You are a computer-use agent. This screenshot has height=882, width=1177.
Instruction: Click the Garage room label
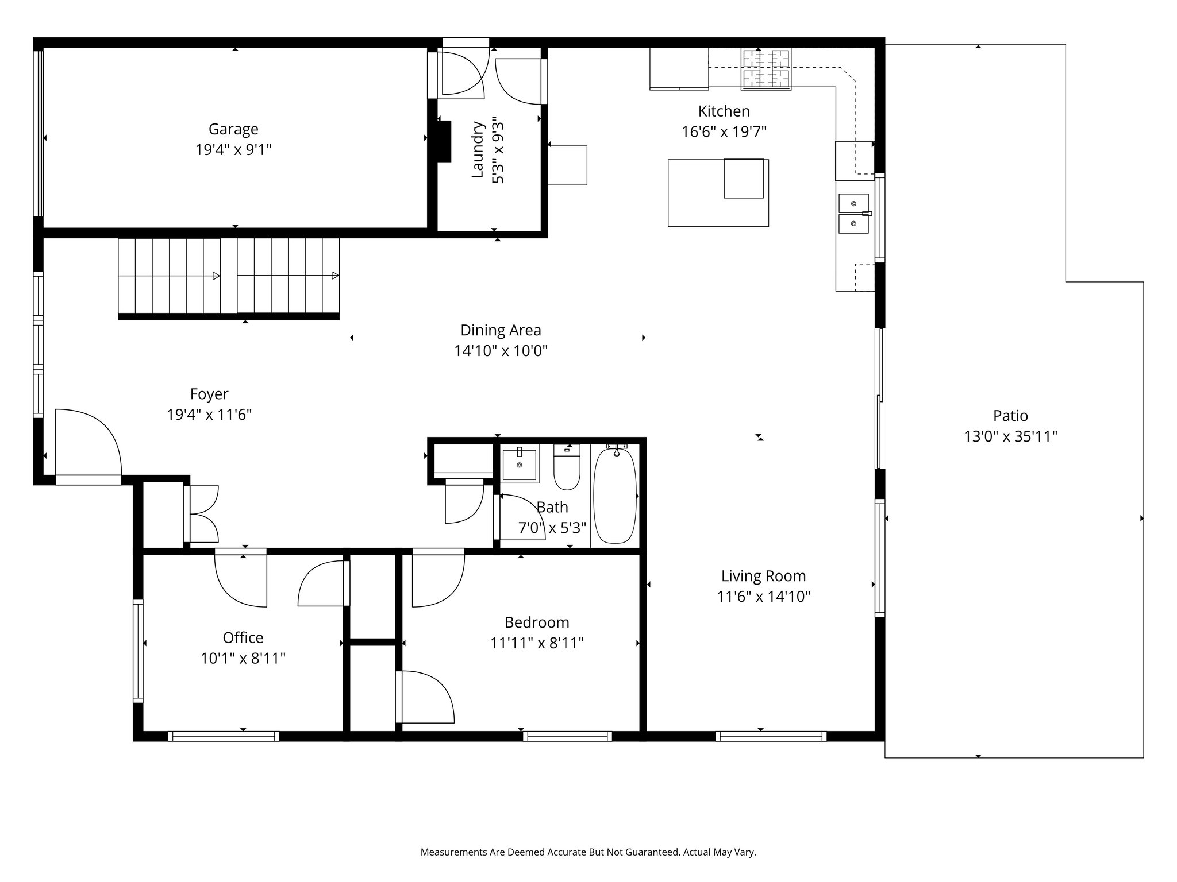pos(233,129)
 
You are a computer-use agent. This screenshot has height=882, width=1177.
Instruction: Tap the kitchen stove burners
pos(766,69)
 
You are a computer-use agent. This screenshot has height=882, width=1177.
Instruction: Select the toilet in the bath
pos(567,467)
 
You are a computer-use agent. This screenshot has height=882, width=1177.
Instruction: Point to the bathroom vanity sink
pos(520,464)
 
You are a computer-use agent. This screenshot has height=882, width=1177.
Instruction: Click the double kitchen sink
pos(855,214)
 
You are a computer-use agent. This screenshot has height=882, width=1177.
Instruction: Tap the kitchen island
pos(718,192)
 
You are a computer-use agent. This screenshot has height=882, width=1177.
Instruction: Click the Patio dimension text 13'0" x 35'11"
pos(1010,437)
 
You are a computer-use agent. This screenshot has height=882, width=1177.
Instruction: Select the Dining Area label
pos(501,330)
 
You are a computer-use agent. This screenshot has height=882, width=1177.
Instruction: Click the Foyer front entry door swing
pos(88,442)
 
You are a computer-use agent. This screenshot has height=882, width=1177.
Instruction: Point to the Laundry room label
pos(477,149)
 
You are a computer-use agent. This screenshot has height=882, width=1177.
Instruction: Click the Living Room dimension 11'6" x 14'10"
pos(764,597)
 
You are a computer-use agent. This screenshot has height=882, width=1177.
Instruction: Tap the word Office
pos(243,637)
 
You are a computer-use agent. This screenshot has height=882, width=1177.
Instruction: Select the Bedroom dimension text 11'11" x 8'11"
pos(537,643)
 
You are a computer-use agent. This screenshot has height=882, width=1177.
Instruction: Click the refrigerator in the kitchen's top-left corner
pos(679,69)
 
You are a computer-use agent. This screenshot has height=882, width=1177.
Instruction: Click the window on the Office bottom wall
pos(224,736)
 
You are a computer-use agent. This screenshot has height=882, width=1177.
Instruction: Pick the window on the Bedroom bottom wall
pos(567,736)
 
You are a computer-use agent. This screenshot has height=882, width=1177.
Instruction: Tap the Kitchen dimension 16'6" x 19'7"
pos(724,132)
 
